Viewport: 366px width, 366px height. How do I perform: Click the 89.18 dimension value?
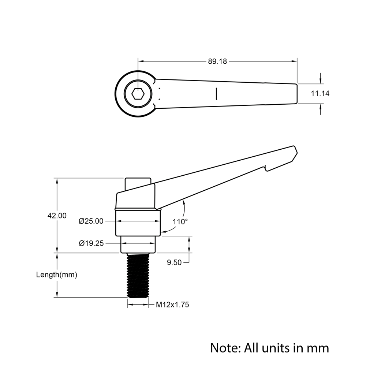pos(217,61)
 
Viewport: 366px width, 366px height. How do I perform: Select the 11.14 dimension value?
pos(320,94)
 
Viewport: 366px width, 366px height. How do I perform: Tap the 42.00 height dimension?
pos(57,216)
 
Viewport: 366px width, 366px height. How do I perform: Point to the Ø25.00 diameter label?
pos(91,221)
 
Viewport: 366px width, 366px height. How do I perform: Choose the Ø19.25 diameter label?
pos(91,242)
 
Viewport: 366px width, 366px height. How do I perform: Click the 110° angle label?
pos(180,221)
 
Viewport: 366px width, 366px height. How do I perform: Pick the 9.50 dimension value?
pos(174,262)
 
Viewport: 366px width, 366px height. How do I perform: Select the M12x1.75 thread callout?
pos(172,305)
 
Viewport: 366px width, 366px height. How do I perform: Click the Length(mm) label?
pos(57,274)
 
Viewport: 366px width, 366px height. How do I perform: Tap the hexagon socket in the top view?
pos(138,94)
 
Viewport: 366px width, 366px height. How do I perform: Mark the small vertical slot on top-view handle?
pos(217,93)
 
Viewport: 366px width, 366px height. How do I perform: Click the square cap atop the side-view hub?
pos(138,183)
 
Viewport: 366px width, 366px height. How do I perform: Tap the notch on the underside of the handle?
pos(265,168)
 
